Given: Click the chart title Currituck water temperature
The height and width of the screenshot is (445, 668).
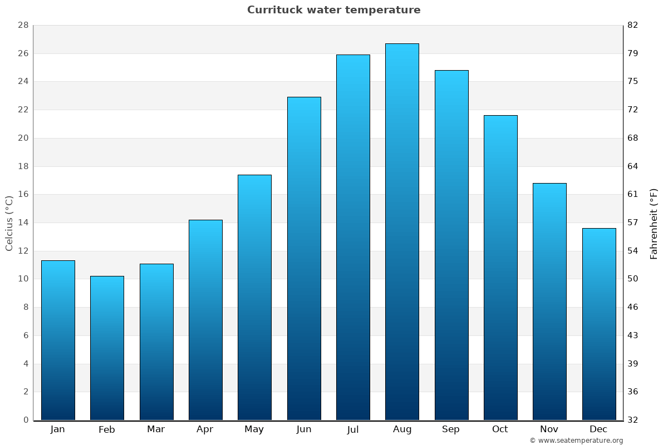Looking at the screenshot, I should point(333,10).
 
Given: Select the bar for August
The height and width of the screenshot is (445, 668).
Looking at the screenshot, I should point(402,231).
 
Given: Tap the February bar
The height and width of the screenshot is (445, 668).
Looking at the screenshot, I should point(107,348).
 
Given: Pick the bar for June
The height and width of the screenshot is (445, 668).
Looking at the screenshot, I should point(304,258).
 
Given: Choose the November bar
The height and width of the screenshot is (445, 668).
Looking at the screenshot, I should point(549,301).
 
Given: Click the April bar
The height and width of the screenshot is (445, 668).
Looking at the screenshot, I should point(205,320).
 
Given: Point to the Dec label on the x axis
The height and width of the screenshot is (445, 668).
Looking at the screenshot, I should point(598,429).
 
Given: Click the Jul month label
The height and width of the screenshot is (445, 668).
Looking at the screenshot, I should point(353,429).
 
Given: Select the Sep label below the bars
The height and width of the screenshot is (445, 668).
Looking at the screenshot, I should point(451,429).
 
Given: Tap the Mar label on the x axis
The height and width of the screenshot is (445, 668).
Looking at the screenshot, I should point(156,429).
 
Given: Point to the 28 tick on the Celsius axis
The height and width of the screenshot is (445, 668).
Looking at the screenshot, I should point(23,25).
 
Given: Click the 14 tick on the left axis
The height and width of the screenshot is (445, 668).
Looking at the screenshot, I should point(23,222).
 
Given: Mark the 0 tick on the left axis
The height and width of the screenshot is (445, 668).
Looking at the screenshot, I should point(26,420).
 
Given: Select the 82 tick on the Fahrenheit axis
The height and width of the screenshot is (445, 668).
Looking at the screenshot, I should point(632,25).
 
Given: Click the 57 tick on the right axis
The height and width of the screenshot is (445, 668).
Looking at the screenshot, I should point(632,222).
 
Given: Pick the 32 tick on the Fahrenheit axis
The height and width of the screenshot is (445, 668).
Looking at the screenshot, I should point(632,420).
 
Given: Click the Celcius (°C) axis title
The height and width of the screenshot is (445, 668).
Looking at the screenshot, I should point(9,222).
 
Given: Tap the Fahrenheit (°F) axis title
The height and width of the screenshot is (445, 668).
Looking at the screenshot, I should point(654,224).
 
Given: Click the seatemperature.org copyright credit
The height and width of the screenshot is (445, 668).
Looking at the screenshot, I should point(576,441).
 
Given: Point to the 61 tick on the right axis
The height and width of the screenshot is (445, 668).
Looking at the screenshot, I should point(632,194).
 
